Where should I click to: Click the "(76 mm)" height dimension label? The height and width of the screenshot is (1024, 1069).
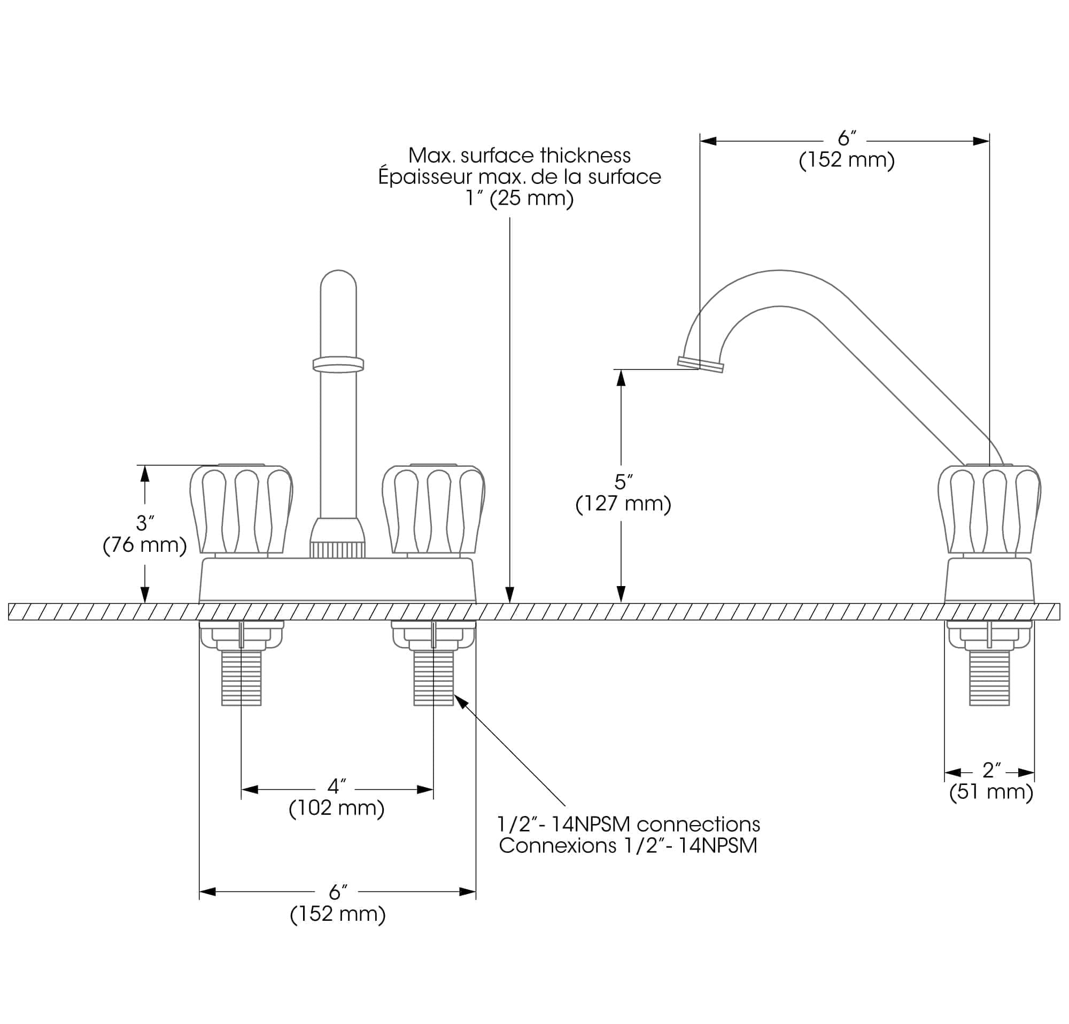144,545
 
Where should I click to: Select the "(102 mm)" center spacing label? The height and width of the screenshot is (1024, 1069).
337,808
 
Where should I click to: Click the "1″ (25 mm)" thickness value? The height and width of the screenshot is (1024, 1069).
519,198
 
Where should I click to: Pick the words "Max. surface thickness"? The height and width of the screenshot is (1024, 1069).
519,156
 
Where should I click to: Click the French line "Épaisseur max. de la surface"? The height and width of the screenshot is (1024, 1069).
519,177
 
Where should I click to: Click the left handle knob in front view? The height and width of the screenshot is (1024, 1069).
241,510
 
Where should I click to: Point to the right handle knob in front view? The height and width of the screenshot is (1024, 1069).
433,510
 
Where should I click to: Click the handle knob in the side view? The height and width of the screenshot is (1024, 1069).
989,510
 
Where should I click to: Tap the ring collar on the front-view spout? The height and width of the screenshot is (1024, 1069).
338,365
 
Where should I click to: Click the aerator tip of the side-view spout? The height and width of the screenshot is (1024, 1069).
700,365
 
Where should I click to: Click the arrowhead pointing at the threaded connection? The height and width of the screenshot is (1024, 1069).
461,701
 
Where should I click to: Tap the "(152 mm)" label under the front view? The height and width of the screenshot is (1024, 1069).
338,914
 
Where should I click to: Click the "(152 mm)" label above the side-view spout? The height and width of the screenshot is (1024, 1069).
847,160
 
